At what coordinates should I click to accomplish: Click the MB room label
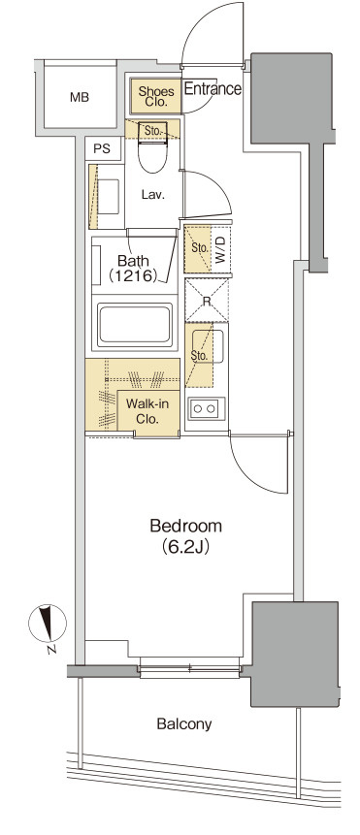(80, 97)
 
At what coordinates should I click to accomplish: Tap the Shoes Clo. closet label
(156, 96)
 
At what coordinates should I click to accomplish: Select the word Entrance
(213, 88)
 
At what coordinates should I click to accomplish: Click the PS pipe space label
(102, 149)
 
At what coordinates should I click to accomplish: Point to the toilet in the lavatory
(153, 145)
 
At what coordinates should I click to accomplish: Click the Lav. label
(153, 195)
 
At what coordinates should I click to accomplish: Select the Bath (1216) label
(133, 269)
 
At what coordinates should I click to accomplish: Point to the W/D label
(220, 249)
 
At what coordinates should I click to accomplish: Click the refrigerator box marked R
(207, 301)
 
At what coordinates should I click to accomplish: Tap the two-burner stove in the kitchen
(205, 408)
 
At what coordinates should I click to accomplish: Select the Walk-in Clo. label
(147, 411)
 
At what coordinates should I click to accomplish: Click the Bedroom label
(185, 527)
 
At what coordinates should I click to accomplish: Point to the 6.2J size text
(185, 547)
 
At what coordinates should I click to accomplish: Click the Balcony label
(184, 723)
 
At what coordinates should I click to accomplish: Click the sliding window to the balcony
(189, 667)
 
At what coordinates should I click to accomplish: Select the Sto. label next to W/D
(199, 248)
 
